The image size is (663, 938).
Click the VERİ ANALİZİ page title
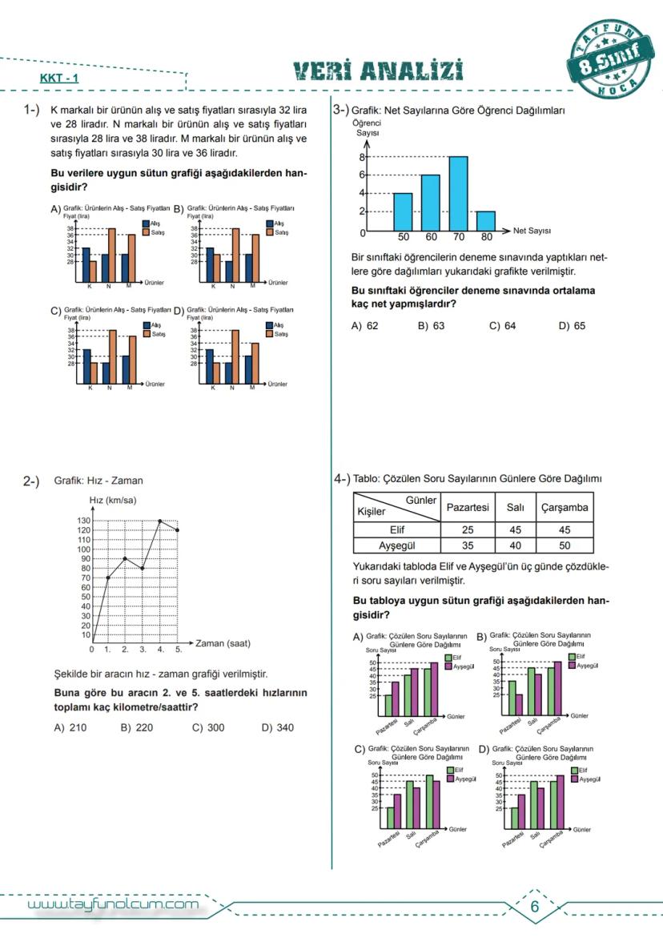pyautogui.click(x=379, y=72)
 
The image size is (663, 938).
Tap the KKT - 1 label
pyautogui.click(x=58, y=79)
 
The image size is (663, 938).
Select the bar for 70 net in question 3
pyautogui.click(x=458, y=194)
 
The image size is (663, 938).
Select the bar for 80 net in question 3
pyautogui.click(x=486, y=221)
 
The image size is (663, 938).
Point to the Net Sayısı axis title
pyautogui.click(x=531, y=231)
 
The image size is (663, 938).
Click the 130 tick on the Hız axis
pyautogui.click(x=82, y=521)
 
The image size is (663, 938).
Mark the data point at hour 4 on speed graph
pyautogui.click(x=160, y=521)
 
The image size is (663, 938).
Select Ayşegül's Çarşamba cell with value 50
pyautogui.click(x=565, y=545)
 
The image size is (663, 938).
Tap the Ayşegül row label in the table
pyautogui.click(x=396, y=545)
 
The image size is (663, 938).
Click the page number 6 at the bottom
pyautogui.click(x=535, y=906)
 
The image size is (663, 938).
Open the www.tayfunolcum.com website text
pyautogui.click(x=113, y=905)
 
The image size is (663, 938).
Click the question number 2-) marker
pyautogui.click(x=31, y=481)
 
